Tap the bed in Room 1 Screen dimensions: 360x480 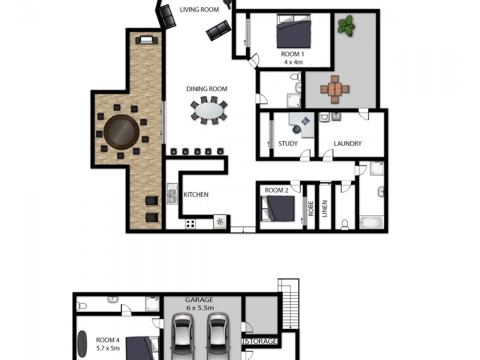[x=293, y=32]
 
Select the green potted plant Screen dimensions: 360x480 [x=346, y=25]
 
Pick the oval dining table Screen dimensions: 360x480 [x=209, y=111]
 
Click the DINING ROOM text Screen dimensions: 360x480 [x=206, y=89]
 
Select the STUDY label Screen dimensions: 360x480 [x=288, y=144]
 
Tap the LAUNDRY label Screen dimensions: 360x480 [x=347, y=144]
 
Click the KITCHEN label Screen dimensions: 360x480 [x=196, y=194]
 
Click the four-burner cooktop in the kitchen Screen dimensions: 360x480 [x=191, y=224]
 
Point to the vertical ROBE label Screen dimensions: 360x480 [x=311, y=208]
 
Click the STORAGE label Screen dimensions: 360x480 [x=261, y=341]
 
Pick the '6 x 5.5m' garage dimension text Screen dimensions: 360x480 [x=199, y=308]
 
